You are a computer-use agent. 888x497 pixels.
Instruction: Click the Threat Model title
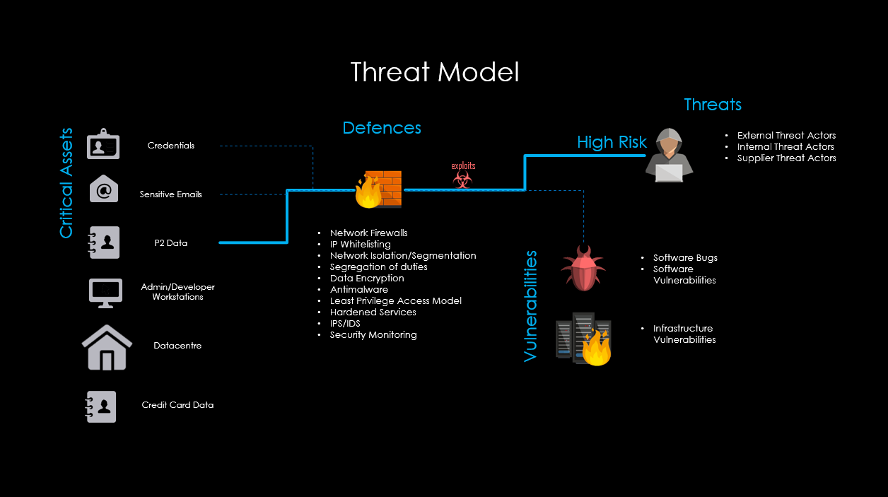(x=435, y=72)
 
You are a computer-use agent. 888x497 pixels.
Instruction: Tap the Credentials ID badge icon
(x=103, y=144)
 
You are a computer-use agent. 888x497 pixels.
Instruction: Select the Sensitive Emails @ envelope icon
(x=103, y=189)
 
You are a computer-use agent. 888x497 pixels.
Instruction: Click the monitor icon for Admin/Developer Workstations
(x=105, y=292)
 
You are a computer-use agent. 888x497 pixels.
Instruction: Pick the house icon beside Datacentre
(x=107, y=346)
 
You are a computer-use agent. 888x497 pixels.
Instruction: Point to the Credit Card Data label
(x=177, y=405)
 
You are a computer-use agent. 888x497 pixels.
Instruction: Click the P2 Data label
(x=171, y=243)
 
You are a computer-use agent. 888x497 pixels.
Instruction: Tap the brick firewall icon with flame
(x=378, y=189)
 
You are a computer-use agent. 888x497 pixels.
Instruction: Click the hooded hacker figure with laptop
(x=669, y=155)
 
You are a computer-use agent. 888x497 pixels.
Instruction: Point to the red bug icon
(x=583, y=269)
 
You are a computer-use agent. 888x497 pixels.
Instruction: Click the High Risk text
(x=612, y=142)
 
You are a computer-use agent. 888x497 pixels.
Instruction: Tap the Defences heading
(x=382, y=128)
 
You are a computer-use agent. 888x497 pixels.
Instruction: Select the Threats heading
(x=713, y=105)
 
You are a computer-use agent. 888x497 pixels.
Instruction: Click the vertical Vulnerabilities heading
(x=531, y=306)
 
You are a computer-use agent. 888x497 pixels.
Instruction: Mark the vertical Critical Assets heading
(x=66, y=183)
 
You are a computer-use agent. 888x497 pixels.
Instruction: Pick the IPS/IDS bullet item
(x=345, y=324)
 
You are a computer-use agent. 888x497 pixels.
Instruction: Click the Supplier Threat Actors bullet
(x=786, y=158)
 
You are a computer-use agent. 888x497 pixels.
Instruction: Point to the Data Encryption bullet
(x=367, y=279)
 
